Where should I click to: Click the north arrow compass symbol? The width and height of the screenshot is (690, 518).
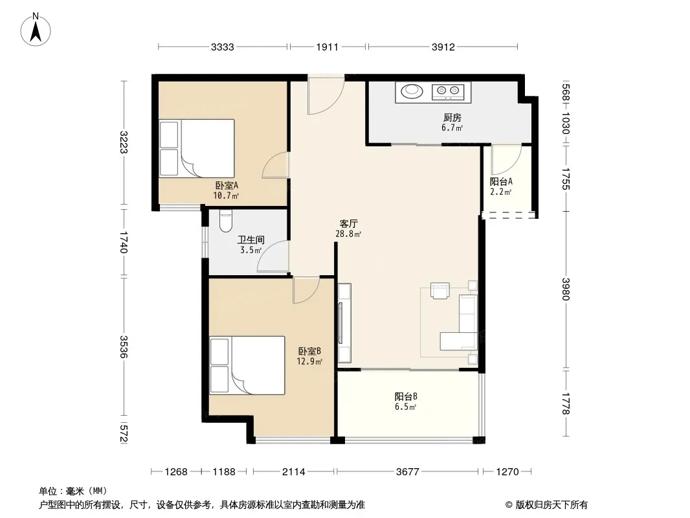(36, 30)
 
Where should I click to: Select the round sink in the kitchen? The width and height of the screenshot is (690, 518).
(412, 91)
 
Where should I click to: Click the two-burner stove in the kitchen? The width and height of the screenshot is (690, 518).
(448, 91)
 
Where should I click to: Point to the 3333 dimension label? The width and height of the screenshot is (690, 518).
(222, 47)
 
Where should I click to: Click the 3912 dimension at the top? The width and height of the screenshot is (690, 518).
(443, 47)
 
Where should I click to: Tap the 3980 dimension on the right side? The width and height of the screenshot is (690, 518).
(566, 289)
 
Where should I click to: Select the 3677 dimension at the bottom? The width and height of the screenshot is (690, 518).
(408, 472)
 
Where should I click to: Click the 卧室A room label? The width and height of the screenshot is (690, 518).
(227, 186)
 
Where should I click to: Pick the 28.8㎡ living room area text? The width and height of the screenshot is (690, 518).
(348, 234)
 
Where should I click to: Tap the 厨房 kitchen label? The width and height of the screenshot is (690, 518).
(452, 117)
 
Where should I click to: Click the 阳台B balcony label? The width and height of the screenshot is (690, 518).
(406, 396)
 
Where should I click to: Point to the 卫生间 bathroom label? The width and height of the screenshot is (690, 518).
(251, 240)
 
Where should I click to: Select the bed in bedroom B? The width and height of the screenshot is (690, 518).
(247, 365)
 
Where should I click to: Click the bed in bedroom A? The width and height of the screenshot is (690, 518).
(196, 148)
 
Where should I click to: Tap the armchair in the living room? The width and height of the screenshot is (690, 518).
(440, 291)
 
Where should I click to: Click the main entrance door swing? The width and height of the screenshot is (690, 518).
(326, 95)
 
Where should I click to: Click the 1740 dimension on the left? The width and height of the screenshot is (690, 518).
(123, 243)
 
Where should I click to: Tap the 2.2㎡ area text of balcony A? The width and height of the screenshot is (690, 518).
(501, 192)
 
